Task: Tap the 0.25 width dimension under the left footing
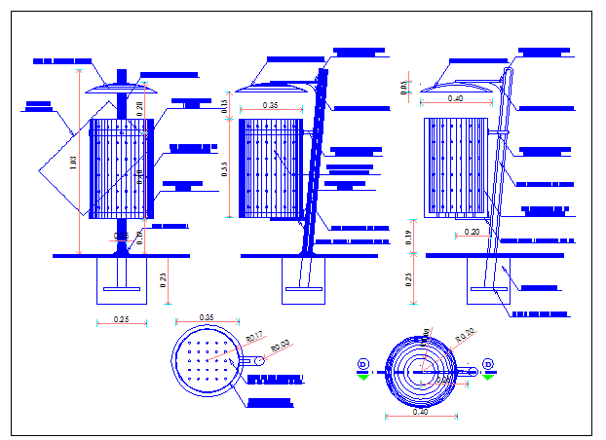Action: (x=121, y=319)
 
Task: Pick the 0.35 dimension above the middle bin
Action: (x=270, y=105)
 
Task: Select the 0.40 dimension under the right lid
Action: (x=455, y=98)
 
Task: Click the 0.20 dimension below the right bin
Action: (x=472, y=232)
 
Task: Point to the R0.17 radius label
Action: (x=253, y=337)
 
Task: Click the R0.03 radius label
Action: (x=281, y=346)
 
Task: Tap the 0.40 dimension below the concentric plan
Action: (x=421, y=412)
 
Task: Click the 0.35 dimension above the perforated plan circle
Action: (x=207, y=317)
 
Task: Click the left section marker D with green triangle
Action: (x=363, y=368)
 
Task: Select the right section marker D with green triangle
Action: (x=487, y=368)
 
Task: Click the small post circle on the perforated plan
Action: (x=258, y=361)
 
